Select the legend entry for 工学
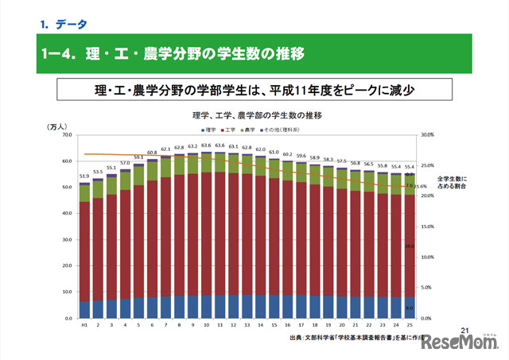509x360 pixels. click(231, 129)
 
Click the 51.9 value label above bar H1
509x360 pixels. click(84, 176)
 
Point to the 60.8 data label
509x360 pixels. click(152, 152)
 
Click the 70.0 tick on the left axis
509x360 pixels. click(67, 136)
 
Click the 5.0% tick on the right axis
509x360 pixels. click(425, 288)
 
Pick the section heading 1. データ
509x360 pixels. click(64, 24)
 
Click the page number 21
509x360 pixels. click(466, 330)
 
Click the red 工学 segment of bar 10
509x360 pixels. click(207, 230)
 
